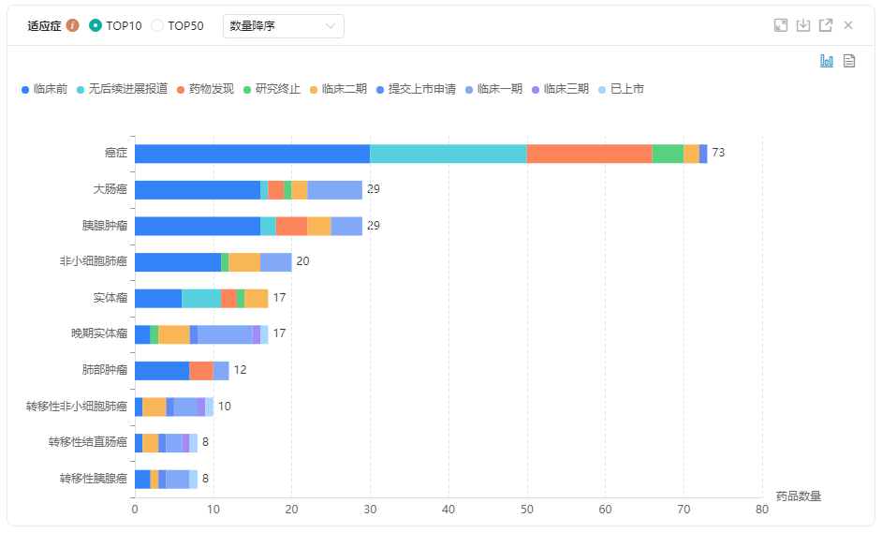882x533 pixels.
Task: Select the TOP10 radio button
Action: pos(96,26)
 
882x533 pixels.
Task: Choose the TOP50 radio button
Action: pos(157,26)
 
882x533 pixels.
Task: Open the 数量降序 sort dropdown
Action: pos(283,26)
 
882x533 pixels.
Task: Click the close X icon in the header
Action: pos(848,25)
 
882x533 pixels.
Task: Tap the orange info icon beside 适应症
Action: pos(72,26)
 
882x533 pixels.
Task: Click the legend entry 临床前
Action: pos(44,89)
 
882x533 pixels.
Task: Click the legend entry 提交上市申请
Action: pos(416,89)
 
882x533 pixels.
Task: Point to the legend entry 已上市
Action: pos(621,89)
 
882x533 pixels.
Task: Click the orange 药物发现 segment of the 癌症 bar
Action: pos(589,154)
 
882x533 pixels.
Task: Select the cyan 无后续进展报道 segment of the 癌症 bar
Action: pos(448,154)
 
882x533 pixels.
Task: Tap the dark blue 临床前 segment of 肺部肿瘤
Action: pos(162,370)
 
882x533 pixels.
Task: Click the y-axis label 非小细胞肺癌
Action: pos(93,261)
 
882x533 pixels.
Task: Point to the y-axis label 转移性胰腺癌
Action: pos(93,479)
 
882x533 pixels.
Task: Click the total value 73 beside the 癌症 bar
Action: pos(719,154)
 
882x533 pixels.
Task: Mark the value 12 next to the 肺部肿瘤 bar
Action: pos(241,370)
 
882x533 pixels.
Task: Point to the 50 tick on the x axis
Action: pos(526,510)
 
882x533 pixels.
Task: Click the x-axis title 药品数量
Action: pos(799,496)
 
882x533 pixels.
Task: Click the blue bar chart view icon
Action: pos(827,61)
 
